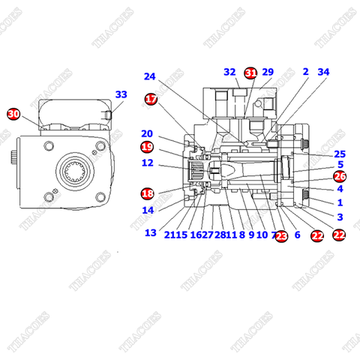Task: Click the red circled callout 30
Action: point(13,114)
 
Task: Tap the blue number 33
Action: point(121,94)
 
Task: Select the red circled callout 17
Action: point(151,99)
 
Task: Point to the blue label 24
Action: point(150,76)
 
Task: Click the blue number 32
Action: point(229,72)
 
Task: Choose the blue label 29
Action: point(268,72)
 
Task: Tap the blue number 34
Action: point(323,72)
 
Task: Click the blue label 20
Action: point(147,133)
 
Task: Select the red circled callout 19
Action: point(147,147)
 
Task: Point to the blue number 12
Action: point(147,163)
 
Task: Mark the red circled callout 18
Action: point(147,193)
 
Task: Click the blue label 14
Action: point(147,210)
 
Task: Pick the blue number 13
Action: point(151,232)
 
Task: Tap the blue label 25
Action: point(340,154)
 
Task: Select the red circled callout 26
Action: point(340,177)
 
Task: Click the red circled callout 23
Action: point(281,235)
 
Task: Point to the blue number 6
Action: point(297,235)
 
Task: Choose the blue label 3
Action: point(340,217)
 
